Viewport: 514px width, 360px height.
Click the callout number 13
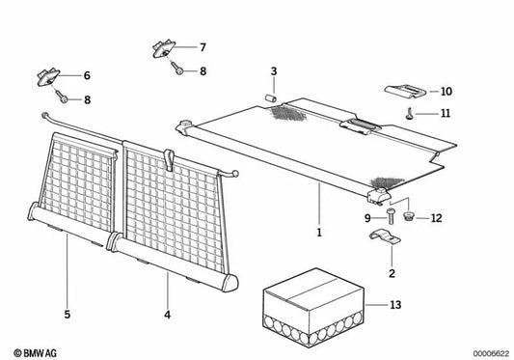(395, 305)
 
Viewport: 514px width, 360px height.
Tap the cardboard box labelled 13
(313, 304)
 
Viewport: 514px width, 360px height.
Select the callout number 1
(319, 233)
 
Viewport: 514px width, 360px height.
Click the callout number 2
(392, 273)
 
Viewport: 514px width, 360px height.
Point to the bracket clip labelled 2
(385, 235)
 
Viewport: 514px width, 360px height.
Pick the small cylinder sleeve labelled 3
(270, 97)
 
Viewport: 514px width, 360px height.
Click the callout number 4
(167, 315)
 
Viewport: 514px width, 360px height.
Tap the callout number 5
(68, 315)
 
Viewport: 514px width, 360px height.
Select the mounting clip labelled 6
(48, 77)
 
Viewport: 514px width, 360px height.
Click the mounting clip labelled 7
(164, 48)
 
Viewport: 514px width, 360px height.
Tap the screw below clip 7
(177, 69)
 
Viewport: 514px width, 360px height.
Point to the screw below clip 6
(62, 97)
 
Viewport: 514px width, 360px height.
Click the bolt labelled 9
(391, 216)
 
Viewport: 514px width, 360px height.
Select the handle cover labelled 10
(405, 92)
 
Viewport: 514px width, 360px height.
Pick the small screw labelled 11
(410, 114)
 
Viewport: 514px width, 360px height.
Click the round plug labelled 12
(408, 216)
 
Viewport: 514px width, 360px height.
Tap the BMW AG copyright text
(36, 353)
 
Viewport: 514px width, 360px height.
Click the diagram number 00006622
(491, 354)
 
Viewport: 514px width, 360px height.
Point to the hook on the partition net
(169, 159)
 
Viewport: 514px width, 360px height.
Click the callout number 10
(446, 92)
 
